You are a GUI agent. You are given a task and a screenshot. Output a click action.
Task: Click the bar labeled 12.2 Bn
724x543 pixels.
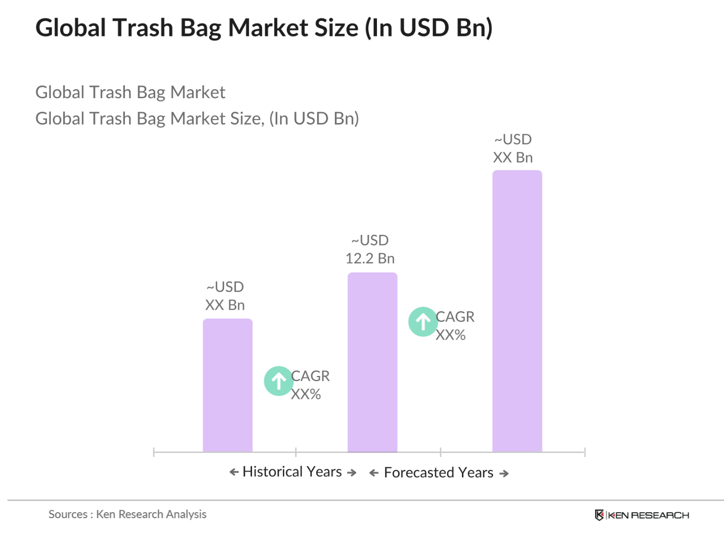point(372,362)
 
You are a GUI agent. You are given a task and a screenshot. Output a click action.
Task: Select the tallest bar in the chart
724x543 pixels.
point(517,311)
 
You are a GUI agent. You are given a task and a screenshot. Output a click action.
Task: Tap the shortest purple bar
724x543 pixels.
point(227,385)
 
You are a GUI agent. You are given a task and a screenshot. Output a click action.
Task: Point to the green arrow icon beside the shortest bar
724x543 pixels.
point(278,381)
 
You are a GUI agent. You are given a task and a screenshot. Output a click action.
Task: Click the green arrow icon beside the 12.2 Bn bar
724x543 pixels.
point(423,321)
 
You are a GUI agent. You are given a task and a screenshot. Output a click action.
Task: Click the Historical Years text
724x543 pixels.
point(292,472)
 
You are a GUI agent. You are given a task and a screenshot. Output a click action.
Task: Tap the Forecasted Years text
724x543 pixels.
point(438,473)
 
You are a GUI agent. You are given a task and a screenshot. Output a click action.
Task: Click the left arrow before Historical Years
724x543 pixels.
point(234,472)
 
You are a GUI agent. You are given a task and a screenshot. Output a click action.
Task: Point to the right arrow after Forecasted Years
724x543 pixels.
point(504,474)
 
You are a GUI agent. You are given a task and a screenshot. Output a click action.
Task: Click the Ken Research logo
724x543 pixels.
point(642,515)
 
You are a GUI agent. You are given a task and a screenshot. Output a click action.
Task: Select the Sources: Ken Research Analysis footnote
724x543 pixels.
point(127,514)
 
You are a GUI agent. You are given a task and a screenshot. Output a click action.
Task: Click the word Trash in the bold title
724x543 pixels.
point(143,28)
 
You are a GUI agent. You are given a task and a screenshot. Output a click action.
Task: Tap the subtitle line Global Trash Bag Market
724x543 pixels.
point(130,92)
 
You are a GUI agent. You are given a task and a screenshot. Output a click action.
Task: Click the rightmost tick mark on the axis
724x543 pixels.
point(584,452)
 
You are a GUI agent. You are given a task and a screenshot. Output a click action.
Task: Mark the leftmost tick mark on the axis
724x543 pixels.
point(154,452)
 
